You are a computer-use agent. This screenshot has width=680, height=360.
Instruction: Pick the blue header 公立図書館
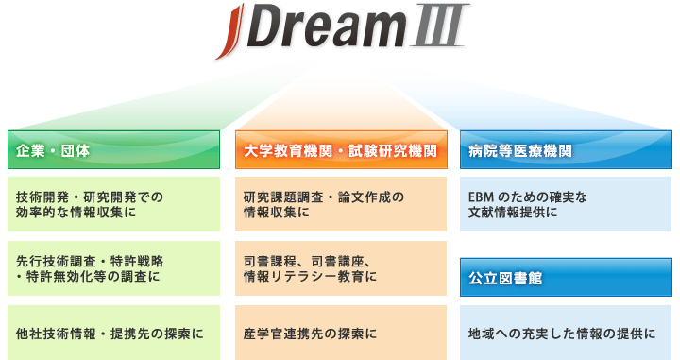pyautogui.click(x=565, y=279)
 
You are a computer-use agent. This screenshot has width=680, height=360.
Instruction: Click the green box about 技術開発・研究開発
pyautogui.click(x=113, y=205)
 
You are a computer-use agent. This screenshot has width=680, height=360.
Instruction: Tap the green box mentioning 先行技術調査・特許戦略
pyautogui.click(x=113, y=268)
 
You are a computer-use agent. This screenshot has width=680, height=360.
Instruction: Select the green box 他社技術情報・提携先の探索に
pyautogui.click(x=113, y=333)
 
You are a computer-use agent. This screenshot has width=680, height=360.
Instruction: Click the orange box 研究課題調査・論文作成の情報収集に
pyautogui.click(x=340, y=205)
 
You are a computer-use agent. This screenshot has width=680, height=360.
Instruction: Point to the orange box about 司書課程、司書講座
pyautogui.click(x=340, y=268)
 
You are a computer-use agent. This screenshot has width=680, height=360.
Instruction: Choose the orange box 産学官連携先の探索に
pyautogui.click(x=340, y=333)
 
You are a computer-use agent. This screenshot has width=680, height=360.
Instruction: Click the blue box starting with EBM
pyautogui.click(x=565, y=205)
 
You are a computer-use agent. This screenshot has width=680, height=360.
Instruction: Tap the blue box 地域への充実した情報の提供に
pyautogui.click(x=565, y=333)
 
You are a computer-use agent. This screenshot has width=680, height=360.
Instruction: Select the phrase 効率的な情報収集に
pyautogui.click(x=76, y=214)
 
